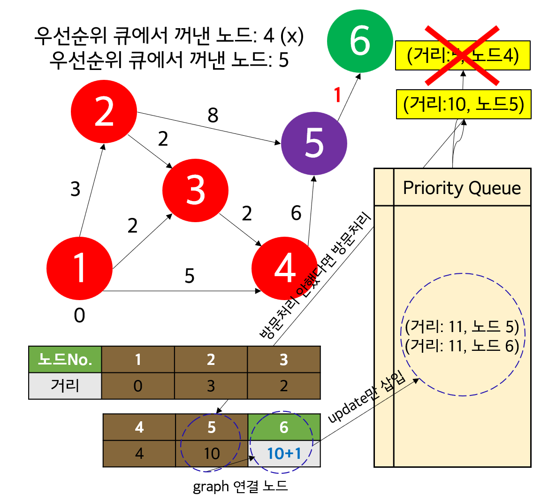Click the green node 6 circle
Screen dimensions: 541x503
(360, 41)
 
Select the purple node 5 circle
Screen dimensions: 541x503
(314, 143)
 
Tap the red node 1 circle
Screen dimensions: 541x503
(80, 268)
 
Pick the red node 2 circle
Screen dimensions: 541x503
(104, 112)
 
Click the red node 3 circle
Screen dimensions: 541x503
(195, 190)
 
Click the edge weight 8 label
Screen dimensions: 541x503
(213, 115)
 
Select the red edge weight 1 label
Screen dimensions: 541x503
(337, 95)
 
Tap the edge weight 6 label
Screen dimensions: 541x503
(296, 213)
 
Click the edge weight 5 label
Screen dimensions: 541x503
(189, 276)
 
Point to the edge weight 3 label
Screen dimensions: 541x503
(76, 189)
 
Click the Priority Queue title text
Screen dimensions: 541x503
(462, 188)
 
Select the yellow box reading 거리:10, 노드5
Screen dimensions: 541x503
(464, 104)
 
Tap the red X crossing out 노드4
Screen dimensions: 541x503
(462, 55)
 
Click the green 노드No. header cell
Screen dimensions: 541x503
(65, 360)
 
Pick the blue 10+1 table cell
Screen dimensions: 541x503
(284, 454)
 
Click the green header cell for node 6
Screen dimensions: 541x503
(284, 427)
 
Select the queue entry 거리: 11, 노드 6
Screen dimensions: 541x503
(462, 346)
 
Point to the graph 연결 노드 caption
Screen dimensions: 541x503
(240, 486)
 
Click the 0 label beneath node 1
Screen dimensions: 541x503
(79, 316)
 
